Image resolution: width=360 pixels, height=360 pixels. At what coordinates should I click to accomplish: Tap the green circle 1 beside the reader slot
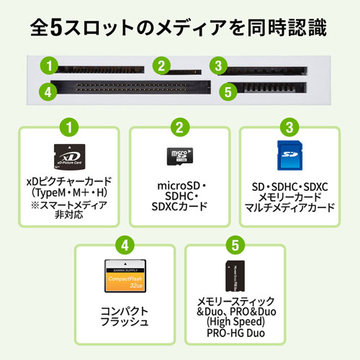tap(48, 67)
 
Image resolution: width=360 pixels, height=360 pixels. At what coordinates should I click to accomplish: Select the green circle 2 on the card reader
tap(163, 67)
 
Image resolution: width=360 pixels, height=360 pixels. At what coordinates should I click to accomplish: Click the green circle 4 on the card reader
tap(48, 91)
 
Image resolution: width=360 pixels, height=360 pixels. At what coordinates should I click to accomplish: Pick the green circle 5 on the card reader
tap(228, 91)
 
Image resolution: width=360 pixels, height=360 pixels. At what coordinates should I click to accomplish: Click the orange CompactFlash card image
tap(125, 275)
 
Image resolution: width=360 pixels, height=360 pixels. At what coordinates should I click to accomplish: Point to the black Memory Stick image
tap(235, 276)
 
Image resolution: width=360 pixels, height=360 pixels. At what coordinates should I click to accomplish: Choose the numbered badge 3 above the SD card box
tap(287, 128)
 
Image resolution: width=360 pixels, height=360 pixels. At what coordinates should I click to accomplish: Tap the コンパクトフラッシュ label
tap(125, 318)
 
